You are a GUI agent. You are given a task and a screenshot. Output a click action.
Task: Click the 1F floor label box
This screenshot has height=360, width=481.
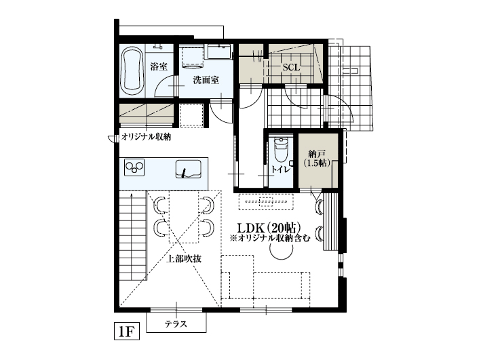tap(127, 331)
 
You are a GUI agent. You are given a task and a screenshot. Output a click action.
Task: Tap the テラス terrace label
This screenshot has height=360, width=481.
tap(176, 323)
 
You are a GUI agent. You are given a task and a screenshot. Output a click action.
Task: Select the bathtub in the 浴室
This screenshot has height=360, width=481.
tap(132, 71)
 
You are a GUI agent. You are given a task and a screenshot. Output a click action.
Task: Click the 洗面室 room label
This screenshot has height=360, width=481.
tap(206, 80)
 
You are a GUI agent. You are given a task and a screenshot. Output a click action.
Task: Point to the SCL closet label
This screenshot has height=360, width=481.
tap(291, 68)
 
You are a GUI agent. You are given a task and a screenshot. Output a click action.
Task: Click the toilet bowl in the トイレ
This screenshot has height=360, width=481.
tap(281, 151)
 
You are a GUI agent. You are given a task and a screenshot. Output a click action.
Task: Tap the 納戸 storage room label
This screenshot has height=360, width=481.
tap(318, 154)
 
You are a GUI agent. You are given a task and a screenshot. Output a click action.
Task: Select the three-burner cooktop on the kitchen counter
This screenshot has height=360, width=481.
tap(134, 167)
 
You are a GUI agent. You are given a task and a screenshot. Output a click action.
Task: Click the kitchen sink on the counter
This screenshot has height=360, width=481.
tap(189, 169)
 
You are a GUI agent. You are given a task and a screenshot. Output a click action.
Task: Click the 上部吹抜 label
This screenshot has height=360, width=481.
tap(183, 259)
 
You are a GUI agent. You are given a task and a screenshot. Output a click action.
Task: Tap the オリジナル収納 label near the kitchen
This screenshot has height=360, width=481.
tap(146, 137)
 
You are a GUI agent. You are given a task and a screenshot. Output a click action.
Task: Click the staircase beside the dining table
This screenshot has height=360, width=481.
tap(132, 235)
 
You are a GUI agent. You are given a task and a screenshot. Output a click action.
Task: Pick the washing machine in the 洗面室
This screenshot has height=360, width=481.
tap(193, 57)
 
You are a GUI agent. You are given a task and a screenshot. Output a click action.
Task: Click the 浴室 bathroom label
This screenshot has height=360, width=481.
tap(159, 66)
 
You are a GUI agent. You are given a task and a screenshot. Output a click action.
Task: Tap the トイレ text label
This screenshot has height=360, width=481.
tap(280, 169)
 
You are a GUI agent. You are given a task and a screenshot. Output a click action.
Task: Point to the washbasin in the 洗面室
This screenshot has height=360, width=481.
tap(219, 51)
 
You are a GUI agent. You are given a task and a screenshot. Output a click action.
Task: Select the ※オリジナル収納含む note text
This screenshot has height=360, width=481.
tap(270, 238)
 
